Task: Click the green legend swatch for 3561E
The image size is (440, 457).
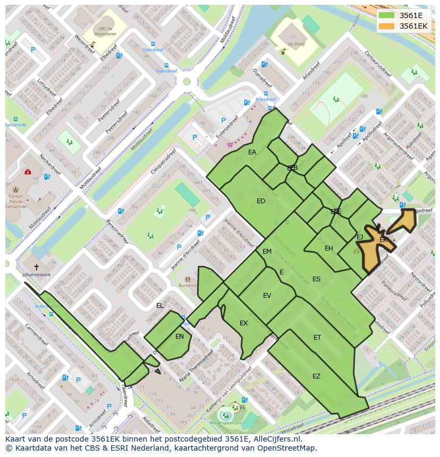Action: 388,15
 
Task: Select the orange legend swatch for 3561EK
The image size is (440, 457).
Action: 388,25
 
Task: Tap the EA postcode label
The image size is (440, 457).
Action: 252,152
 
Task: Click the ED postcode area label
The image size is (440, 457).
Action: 260,201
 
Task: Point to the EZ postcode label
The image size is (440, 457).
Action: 316,376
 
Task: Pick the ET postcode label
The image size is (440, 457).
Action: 317,338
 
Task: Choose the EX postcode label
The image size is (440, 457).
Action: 243,323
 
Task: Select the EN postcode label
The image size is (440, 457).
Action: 180,337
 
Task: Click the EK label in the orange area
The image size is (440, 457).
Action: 383,240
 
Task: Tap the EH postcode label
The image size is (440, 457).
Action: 329,248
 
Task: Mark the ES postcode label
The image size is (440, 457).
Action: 316,279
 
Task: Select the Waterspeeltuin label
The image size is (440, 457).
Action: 225,422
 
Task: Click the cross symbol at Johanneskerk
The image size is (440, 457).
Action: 36,267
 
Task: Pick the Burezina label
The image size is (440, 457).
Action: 188,286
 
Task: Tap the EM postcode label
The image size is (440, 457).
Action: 267,252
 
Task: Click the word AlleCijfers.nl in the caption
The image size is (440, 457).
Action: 276,439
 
